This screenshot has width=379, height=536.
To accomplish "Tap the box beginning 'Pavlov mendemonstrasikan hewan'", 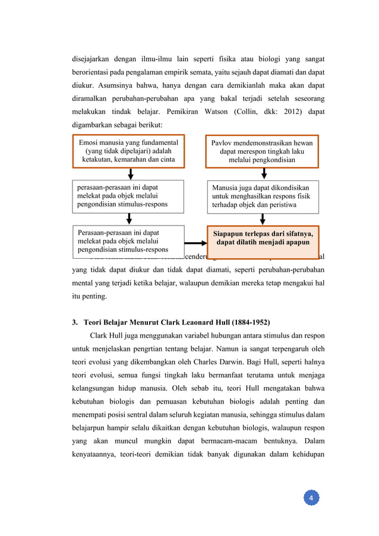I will [262, 151].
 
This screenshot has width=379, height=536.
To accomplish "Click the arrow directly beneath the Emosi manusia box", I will [131, 174].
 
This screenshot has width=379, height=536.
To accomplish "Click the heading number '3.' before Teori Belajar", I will [75, 322].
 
